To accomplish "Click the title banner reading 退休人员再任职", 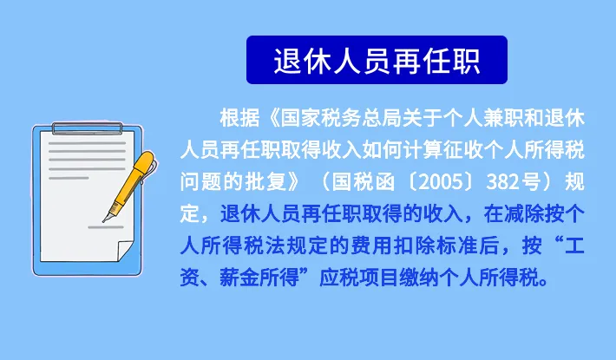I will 377,59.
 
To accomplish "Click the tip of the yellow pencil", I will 104,220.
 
